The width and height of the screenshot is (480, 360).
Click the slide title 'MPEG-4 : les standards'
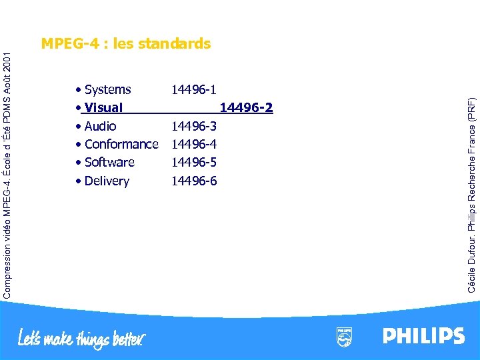[126, 44]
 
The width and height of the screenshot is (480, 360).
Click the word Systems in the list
[108, 89]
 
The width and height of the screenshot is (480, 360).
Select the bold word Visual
[104, 108]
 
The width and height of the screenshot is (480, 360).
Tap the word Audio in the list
[101, 126]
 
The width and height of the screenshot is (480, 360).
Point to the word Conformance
[122, 144]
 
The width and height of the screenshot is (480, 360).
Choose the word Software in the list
[110, 162]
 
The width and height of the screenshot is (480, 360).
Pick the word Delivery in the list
[107, 181]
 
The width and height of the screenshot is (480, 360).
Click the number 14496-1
[194, 89]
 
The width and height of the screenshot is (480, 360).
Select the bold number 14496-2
[246, 108]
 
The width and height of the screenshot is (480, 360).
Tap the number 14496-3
[194, 126]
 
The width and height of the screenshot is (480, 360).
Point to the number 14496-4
[194, 144]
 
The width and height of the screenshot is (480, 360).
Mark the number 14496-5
[194, 162]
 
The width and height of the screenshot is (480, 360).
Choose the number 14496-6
[194, 181]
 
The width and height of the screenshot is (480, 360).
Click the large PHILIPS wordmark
[423, 335]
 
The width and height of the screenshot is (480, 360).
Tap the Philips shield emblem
[344, 337]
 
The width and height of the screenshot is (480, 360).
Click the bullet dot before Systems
[79, 90]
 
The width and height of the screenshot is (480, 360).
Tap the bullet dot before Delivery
[79, 181]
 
